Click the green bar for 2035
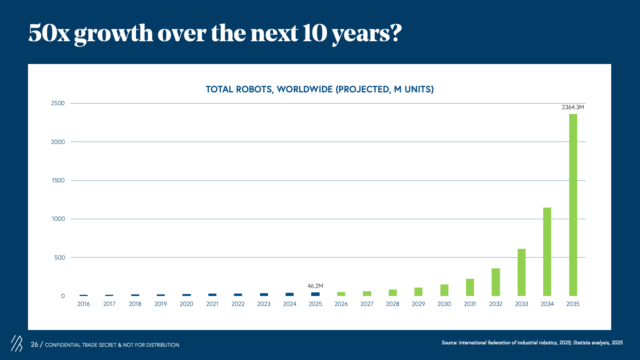[x=573, y=205]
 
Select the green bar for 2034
[x=547, y=252]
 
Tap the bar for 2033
[x=522, y=272]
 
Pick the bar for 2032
[x=496, y=282]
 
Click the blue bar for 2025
[x=316, y=294]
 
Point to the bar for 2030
[x=444, y=290]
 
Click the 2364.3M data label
[x=573, y=107]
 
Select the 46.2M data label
[x=315, y=286]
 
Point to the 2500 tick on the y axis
[x=58, y=103]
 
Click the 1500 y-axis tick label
[x=58, y=180]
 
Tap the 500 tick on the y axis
[x=60, y=258]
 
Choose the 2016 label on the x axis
[x=84, y=304]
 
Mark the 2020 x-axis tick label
[x=186, y=304]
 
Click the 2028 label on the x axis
[x=392, y=304]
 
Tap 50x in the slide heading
[x=49, y=33]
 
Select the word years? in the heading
[x=367, y=34]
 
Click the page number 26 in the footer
[x=34, y=344]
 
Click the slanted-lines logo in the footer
[x=17, y=344]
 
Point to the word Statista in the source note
[x=582, y=342]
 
